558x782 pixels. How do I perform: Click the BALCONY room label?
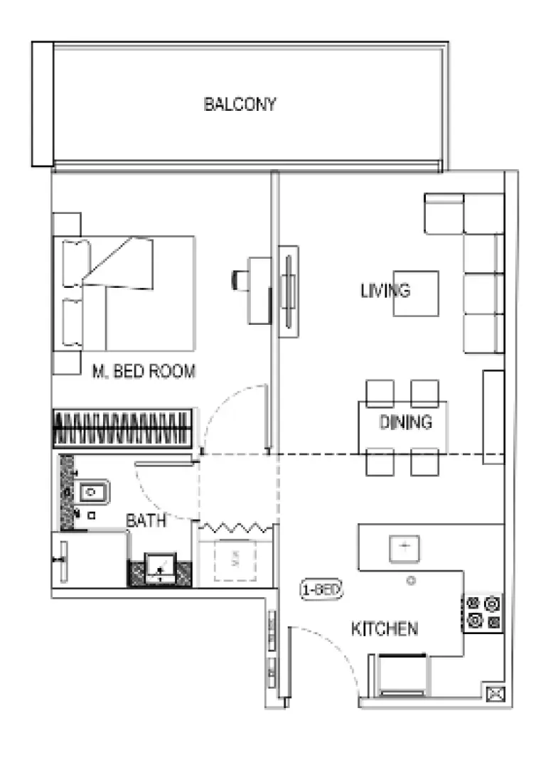point(240,105)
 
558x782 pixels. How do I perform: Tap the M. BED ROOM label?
point(144,371)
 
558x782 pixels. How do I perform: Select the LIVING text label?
point(385,291)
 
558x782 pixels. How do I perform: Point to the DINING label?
point(405,422)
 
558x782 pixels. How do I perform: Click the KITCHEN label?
point(385,628)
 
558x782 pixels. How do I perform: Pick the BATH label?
point(146,520)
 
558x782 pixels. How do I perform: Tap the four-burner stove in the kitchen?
point(483,613)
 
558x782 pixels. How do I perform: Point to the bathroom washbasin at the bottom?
point(160,569)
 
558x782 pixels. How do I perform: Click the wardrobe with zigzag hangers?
point(122,428)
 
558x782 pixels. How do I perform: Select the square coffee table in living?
point(417,293)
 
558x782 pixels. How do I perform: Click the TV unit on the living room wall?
point(288,291)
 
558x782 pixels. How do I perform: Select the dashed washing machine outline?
point(235,561)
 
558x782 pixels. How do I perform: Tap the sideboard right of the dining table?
point(493,417)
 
